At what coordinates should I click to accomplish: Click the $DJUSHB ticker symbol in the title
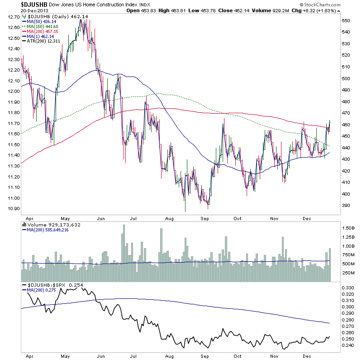click(x=34, y=5)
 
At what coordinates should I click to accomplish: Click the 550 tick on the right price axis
click(x=345, y=21)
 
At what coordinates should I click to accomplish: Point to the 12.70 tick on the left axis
click(x=14, y=17)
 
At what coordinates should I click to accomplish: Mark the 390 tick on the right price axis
click(x=345, y=206)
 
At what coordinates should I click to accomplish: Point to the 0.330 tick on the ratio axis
click(x=347, y=288)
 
